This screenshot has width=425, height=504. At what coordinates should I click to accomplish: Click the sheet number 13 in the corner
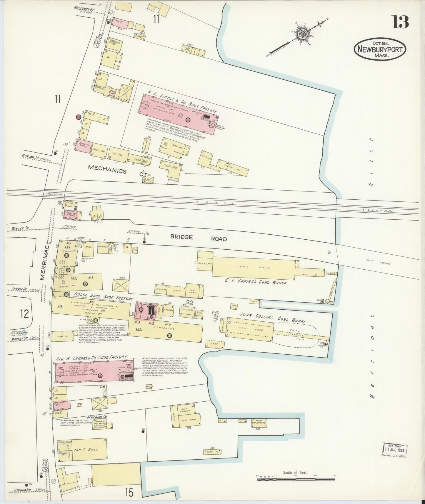click(x=400, y=22)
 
